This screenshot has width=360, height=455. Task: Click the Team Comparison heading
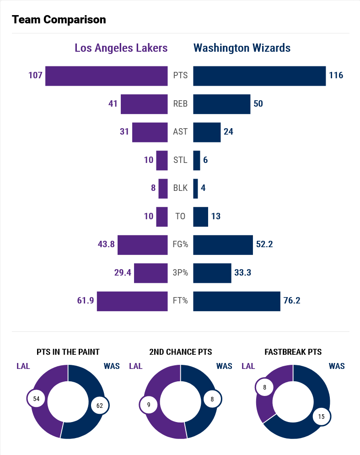point(59,20)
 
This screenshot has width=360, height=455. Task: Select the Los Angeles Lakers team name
point(121,48)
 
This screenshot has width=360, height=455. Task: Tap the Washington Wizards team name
point(242,48)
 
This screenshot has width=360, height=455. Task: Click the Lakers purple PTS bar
point(107,76)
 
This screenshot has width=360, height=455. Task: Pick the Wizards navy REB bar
point(222,104)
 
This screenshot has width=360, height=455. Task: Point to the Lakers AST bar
point(150,132)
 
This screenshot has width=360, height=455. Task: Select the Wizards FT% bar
point(236,301)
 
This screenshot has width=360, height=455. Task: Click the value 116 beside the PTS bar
point(336,76)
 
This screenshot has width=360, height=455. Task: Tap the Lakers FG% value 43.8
point(106,244)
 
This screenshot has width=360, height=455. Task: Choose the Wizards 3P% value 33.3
point(243,273)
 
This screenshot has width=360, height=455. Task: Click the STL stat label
point(180,160)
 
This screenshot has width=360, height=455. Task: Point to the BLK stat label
point(180,188)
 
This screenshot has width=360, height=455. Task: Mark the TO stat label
point(180,217)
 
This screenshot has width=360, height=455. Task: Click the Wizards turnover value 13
point(216,217)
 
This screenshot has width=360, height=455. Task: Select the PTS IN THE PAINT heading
point(68,352)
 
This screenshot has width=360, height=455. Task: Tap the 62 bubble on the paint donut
point(100,406)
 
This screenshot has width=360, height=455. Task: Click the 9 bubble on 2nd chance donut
point(149,405)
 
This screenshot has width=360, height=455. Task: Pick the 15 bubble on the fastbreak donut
point(322,417)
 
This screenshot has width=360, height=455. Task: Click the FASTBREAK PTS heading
point(293,352)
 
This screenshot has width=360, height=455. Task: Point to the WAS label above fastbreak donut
point(337,366)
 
